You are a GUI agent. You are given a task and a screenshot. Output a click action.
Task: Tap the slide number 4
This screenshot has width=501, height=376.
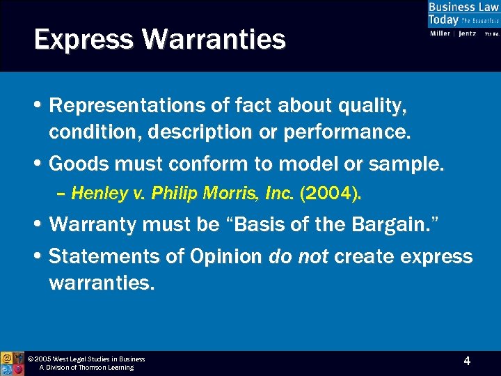click(x=467, y=361)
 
